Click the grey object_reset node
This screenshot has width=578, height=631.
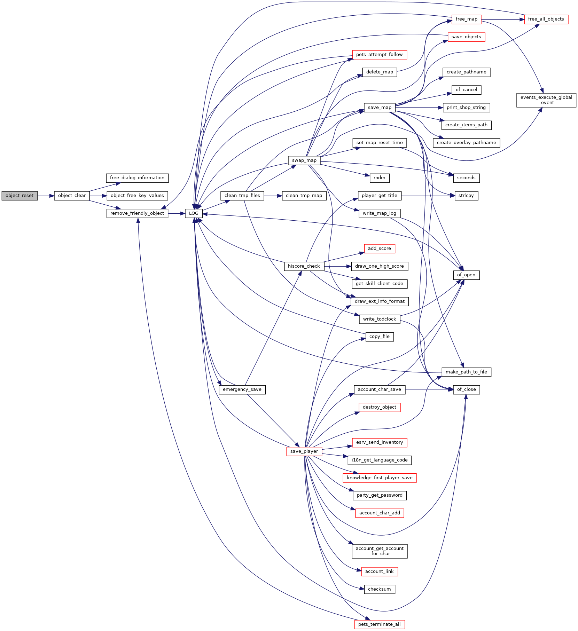click(19, 196)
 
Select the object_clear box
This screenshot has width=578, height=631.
click(72, 196)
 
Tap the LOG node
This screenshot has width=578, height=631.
click(194, 213)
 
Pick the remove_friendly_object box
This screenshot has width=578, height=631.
click(137, 213)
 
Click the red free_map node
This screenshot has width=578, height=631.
click(466, 19)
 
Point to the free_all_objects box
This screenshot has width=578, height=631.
click(546, 19)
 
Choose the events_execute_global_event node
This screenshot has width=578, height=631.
click(546, 100)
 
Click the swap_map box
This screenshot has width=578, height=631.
click(304, 160)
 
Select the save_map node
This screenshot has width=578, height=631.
click(380, 108)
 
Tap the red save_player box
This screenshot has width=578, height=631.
click(304, 451)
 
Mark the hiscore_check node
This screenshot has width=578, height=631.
click(304, 266)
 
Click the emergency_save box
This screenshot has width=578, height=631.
click(242, 389)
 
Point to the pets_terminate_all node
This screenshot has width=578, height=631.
click(380, 624)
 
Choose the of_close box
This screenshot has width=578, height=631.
click(467, 389)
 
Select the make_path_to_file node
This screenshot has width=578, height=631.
click(467, 372)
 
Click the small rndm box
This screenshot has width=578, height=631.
click(380, 178)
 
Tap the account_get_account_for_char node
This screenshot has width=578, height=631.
click(380, 551)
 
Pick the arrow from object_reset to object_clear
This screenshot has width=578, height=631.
click(46, 196)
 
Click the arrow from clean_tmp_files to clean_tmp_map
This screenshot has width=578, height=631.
click(273, 196)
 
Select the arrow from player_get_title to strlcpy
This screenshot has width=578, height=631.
click(428, 196)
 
